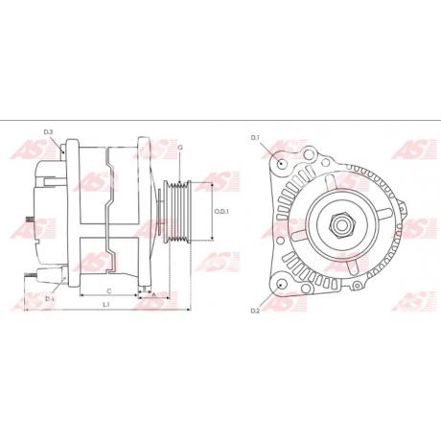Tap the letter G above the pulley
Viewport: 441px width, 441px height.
179,147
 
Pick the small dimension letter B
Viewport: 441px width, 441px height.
144,288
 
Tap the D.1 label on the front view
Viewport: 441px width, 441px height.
256,139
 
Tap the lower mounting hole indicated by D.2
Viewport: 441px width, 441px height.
279,285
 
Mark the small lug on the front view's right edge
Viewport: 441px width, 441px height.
406,230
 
